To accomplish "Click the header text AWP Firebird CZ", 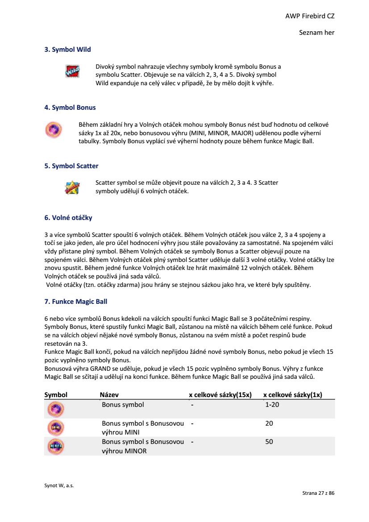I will pyautogui.click(x=310, y=16).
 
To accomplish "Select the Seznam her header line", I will pyautogui.click(x=316, y=33).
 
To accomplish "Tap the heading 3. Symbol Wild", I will pyautogui.click(x=67, y=50).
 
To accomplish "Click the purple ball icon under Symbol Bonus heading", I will pyautogui.click(x=52, y=129).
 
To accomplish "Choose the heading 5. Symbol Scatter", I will pyautogui.click(x=71, y=166).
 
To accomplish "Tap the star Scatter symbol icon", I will pyautogui.click(x=72, y=187).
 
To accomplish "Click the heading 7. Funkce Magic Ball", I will pyautogui.click(x=76, y=302).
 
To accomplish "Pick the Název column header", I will pyautogui.click(x=109, y=395).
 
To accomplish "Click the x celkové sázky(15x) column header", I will pyautogui.click(x=220, y=395).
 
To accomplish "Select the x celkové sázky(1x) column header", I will pyautogui.click(x=293, y=395).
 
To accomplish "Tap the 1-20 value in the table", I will pyautogui.click(x=272, y=405).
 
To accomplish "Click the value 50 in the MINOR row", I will pyautogui.click(x=269, y=442).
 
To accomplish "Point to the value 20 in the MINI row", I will pyautogui.click(x=269, y=423).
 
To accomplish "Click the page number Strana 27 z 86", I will pyautogui.click(x=318, y=493).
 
